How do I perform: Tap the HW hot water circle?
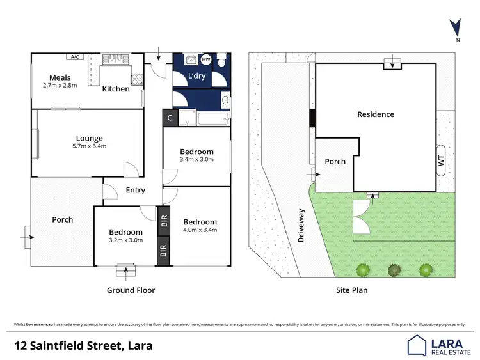(205, 60)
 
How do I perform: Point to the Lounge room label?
(90, 138)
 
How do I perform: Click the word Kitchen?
(116, 89)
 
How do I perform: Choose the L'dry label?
(197, 77)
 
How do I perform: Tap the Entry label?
(135, 190)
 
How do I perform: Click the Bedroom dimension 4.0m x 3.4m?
(200, 230)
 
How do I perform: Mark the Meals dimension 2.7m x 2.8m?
(60, 85)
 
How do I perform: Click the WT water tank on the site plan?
(441, 162)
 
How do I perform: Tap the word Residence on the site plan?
(376, 114)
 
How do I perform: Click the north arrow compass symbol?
(455, 28)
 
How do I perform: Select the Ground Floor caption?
(131, 290)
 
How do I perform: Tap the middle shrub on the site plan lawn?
(394, 270)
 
